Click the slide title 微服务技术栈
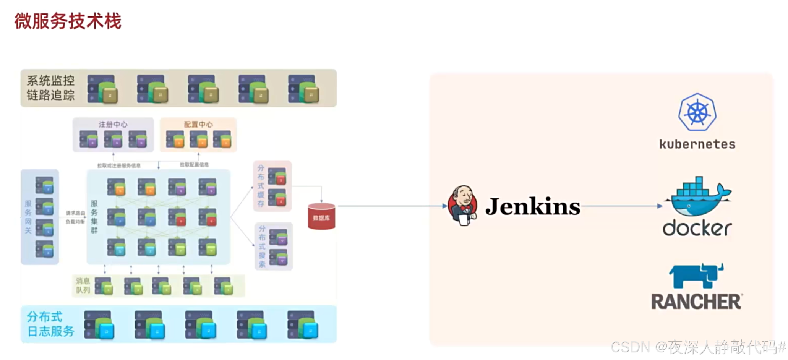click(68, 21)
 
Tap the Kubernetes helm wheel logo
click(697, 112)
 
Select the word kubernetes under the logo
click(697, 144)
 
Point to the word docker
click(697, 228)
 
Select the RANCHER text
click(697, 302)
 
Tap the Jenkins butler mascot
click(463, 206)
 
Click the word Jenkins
click(532, 206)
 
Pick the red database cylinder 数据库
click(321, 217)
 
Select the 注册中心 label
click(113, 125)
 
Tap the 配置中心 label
click(198, 125)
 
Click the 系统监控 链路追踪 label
click(50, 88)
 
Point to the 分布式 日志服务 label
click(50, 324)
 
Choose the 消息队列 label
click(83, 285)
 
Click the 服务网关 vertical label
click(28, 217)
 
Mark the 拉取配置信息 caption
click(194, 165)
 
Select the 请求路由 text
click(75, 213)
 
